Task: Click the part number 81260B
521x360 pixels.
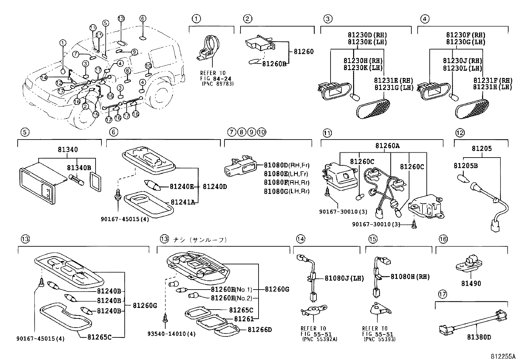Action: (x=274, y=64)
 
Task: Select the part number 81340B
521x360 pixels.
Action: (x=79, y=168)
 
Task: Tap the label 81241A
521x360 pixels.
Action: (x=183, y=202)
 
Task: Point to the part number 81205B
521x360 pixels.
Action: (x=466, y=166)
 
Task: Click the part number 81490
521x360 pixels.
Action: (x=471, y=283)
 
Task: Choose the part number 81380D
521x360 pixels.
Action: (x=479, y=337)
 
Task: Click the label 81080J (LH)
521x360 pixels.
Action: (x=344, y=278)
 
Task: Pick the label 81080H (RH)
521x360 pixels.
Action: (x=410, y=277)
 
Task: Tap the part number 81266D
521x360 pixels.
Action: (x=260, y=330)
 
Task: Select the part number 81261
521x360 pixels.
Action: (x=244, y=319)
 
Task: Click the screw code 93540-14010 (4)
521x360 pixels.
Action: (x=171, y=334)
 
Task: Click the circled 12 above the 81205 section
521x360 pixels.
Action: (x=460, y=133)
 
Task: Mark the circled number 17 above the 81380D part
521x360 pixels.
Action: (x=442, y=294)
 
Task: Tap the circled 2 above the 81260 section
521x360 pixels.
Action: (x=247, y=19)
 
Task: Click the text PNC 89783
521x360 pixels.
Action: (x=218, y=84)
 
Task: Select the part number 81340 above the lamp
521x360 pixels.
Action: (x=68, y=149)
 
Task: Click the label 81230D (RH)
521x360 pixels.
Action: (x=368, y=35)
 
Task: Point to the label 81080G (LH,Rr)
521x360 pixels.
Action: (x=287, y=191)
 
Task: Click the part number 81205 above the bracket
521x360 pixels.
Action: (x=482, y=149)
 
